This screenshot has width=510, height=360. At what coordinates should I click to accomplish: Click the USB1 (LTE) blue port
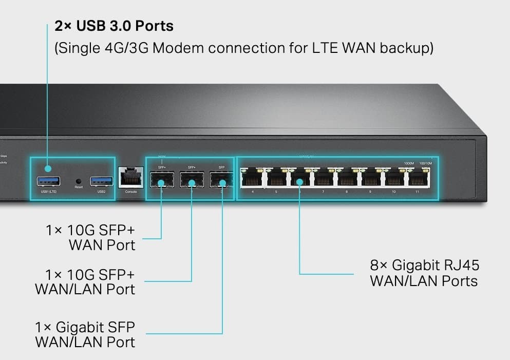pos(48,181)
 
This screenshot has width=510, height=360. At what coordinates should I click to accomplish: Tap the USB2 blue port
pos(101,181)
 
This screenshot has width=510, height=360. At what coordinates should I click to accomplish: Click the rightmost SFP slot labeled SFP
pos(221,180)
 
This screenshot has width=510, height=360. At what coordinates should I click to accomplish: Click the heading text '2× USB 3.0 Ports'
pos(114,26)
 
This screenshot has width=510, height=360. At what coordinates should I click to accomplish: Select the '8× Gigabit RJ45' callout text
pos(424,266)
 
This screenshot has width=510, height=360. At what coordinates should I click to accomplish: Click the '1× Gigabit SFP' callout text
pos(85,327)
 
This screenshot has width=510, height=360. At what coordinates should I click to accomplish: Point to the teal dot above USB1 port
pos(48,168)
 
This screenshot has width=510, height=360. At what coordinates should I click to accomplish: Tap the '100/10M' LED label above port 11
pos(426,163)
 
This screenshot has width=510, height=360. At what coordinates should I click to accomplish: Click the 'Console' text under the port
pos(131,192)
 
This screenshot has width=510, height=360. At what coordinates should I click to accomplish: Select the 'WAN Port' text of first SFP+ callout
pos(102,244)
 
